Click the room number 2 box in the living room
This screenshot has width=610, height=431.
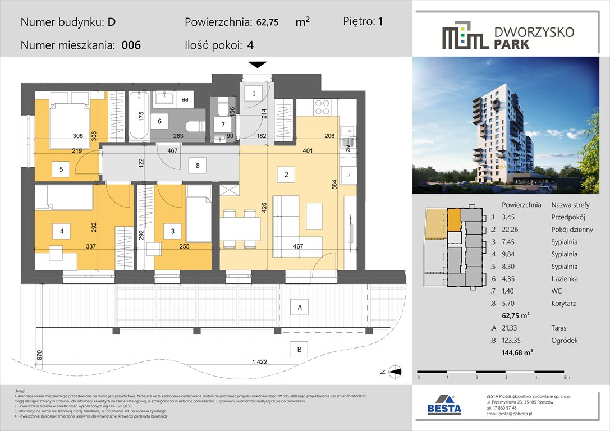286,175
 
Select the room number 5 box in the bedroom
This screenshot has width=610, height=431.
62,169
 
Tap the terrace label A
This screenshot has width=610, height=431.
300,307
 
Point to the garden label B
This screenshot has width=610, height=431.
299,349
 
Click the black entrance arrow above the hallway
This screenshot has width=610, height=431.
257,65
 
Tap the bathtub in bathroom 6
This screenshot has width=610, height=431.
139,115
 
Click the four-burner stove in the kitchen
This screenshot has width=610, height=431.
322,107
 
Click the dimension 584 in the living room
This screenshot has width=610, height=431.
334,185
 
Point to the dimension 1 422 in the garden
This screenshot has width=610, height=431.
259,362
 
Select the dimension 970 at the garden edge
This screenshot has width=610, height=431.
39,355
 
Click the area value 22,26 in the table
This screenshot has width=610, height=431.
510,230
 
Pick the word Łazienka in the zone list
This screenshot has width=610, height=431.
565,278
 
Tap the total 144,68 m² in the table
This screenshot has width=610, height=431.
517,352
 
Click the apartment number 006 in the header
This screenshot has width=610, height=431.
131,45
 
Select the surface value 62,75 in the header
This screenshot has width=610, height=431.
267,22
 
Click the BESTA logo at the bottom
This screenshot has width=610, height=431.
444,405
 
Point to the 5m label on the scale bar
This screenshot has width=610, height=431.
567,377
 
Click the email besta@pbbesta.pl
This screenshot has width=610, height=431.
509,414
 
